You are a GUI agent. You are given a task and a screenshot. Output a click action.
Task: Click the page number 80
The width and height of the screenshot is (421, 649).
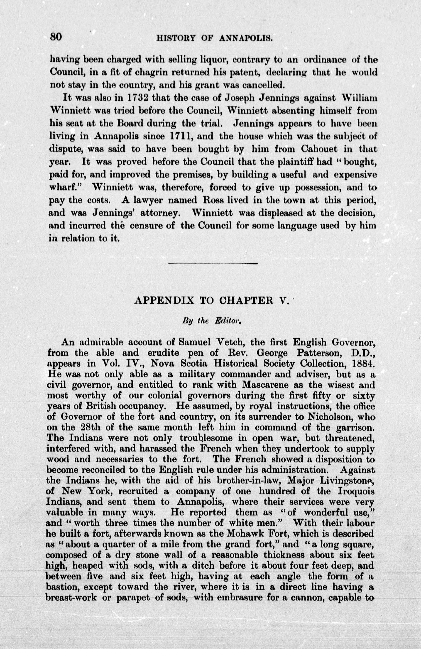pyautogui.click(x=56, y=37)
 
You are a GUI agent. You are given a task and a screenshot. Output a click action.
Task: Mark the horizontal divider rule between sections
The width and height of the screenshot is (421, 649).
pyautogui.click(x=213, y=263)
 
